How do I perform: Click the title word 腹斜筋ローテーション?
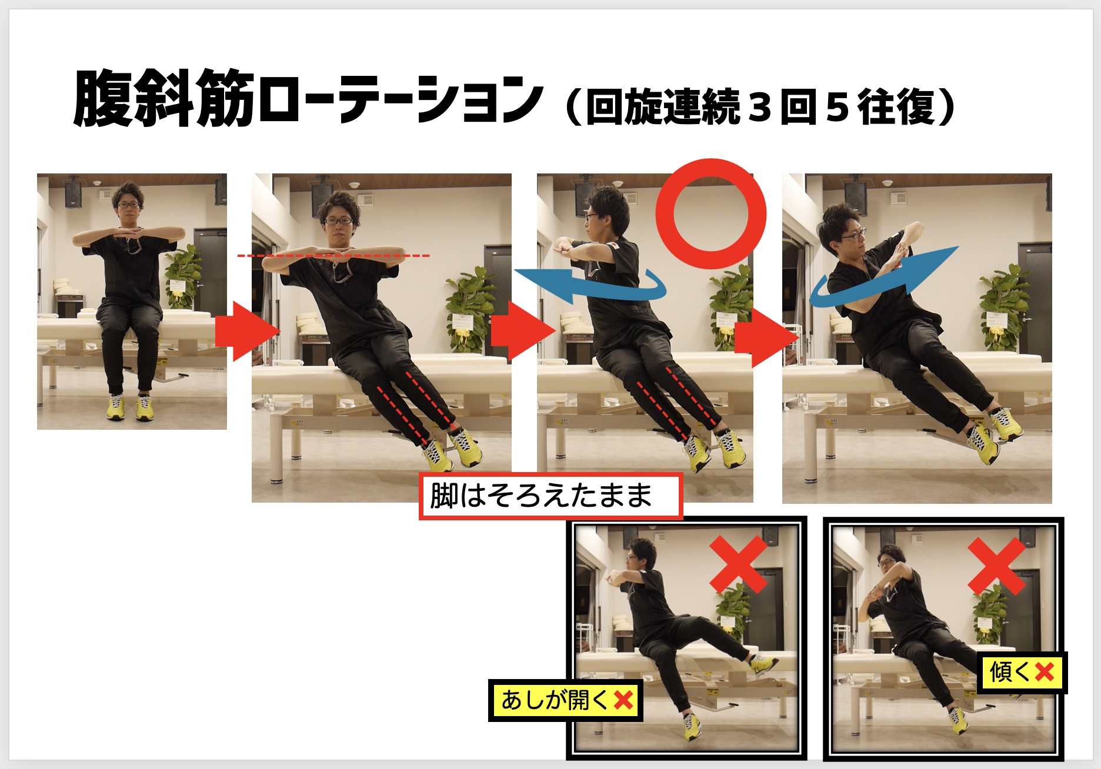point(307,99)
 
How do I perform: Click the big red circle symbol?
point(711,214)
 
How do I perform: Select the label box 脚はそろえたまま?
point(550,496)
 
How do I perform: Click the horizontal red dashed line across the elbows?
point(333,256)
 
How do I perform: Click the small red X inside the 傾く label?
point(1045,672)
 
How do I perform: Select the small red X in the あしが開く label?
point(623,700)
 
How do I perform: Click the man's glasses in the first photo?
point(129,206)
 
